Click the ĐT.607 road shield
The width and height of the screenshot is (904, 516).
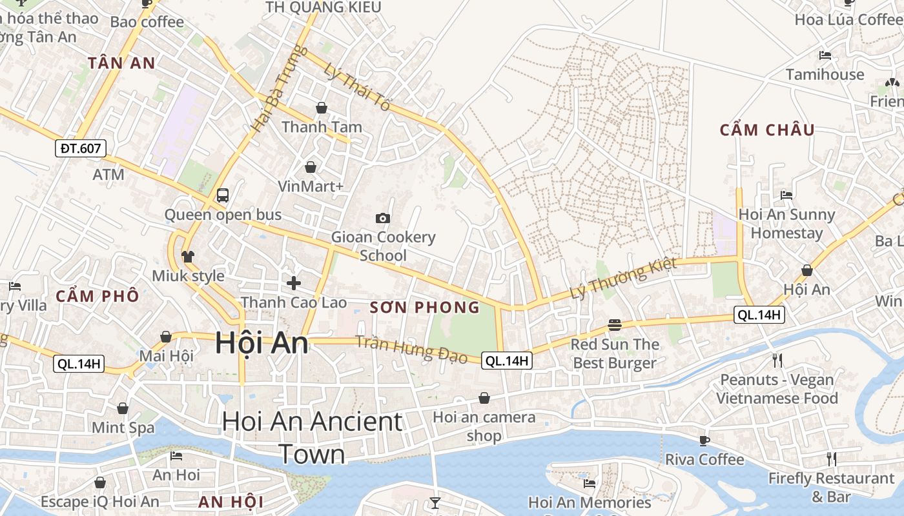81,149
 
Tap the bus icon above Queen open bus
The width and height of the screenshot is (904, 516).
223,195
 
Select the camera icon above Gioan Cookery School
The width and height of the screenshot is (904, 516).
383,218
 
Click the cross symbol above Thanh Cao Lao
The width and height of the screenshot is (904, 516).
294,283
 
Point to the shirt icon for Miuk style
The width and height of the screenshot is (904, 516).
188,256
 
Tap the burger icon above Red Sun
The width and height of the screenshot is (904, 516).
615,324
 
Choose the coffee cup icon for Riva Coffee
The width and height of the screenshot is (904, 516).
704,441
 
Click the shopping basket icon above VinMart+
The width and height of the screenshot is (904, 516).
311,167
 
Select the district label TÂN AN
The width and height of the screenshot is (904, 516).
122,63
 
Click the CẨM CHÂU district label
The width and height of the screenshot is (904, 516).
767,130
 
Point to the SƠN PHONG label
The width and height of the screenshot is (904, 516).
425,307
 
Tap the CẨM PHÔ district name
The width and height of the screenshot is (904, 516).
98,296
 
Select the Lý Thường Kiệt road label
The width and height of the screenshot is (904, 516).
623,278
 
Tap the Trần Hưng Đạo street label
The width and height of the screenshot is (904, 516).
411,349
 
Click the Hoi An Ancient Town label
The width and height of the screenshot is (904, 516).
312,437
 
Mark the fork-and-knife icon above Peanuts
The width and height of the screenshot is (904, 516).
777,360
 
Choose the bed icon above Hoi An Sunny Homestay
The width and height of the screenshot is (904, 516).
786,195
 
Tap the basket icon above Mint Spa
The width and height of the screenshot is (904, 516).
123,408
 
